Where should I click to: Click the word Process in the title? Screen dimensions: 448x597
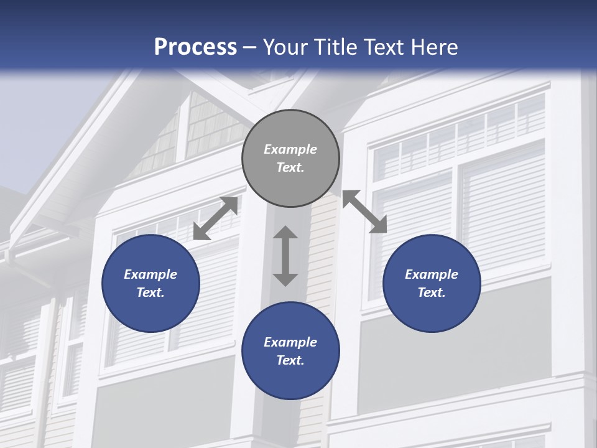pos(195,47)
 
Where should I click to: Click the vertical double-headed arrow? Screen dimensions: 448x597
pos(285,256)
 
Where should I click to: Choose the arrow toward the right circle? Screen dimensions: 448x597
pos(364,212)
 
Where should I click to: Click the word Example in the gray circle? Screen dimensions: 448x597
pos(290,149)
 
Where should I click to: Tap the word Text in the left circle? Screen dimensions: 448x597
pos(150,292)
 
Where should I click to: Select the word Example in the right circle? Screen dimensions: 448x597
pos(432,274)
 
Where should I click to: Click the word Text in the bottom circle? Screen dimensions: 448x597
pos(290,360)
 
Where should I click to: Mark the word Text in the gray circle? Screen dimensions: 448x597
pos(290,167)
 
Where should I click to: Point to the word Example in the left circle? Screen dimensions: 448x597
pos(150,274)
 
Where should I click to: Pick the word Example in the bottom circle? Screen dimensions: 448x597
pos(290,342)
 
